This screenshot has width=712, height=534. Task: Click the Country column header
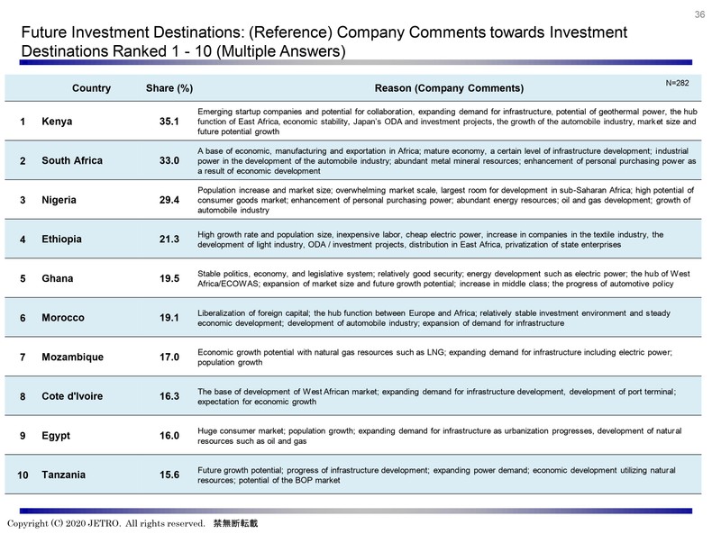click(x=91, y=88)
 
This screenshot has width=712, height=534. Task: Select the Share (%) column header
click(x=169, y=88)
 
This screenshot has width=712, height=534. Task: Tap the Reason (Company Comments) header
click(x=448, y=88)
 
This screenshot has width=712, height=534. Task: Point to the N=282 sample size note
click(x=677, y=83)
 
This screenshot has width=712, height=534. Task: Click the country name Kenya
click(x=57, y=122)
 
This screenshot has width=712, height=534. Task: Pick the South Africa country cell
click(x=72, y=160)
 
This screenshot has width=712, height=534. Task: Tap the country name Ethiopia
click(x=61, y=240)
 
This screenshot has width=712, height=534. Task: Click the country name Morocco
click(x=63, y=318)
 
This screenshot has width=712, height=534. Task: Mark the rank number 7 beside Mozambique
click(x=22, y=358)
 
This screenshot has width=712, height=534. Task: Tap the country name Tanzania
click(x=64, y=475)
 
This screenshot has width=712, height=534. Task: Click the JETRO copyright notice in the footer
click(x=106, y=523)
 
